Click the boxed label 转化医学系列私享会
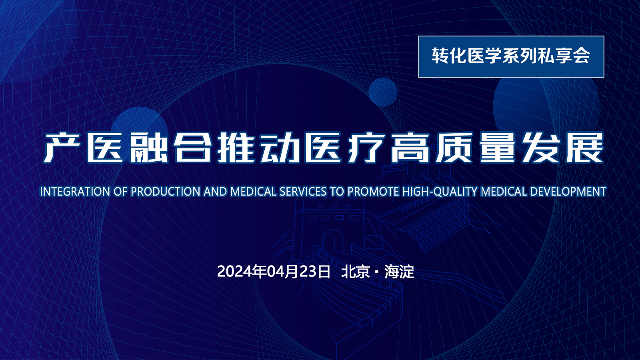(511, 56)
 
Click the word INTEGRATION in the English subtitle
(75, 192)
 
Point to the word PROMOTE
(373, 192)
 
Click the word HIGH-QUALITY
(440, 192)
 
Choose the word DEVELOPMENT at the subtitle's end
(568, 192)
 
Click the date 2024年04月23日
(274, 272)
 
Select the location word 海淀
(399, 272)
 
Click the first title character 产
(62, 148)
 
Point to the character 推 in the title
(236, 148)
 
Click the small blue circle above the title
(383, 92)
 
